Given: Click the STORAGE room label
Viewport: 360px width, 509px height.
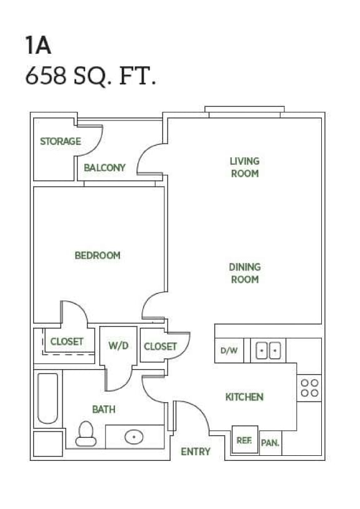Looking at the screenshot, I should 61,141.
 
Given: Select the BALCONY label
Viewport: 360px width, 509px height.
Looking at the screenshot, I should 105,167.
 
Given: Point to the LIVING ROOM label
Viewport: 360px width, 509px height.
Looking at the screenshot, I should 244,167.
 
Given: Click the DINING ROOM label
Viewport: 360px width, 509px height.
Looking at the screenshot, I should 244,273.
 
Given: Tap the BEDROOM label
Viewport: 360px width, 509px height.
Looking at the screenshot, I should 97,255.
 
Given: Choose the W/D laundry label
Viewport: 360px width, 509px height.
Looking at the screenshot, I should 118,345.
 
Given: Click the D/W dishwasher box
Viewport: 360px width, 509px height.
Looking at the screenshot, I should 229,350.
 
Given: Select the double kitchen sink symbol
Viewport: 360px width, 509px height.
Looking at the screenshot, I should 269,351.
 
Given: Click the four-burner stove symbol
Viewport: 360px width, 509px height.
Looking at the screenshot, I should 309,387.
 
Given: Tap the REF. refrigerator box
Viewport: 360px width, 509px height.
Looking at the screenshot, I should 244,440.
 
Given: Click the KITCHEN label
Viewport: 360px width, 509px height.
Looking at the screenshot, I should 244,397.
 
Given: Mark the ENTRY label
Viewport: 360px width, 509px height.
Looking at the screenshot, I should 195,452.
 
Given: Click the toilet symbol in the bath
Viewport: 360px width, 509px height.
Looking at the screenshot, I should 86,433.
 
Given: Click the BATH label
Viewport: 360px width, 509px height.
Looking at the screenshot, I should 104,409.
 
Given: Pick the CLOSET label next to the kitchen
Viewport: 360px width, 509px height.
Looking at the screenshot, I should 160,346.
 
